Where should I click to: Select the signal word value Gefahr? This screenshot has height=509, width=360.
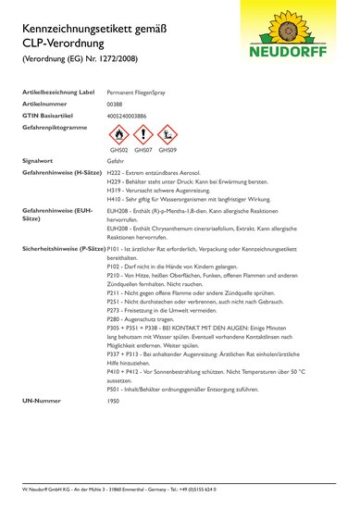pos(116,160)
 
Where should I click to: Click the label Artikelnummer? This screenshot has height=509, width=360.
pos(43,105)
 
